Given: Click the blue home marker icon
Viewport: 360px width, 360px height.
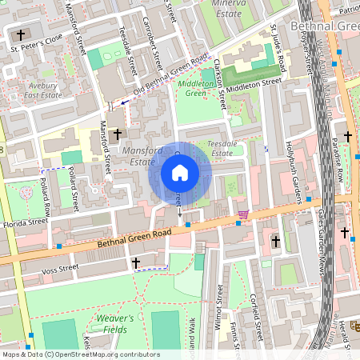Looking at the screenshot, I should [180, 173].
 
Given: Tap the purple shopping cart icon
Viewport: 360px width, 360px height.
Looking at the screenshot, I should [242, 214].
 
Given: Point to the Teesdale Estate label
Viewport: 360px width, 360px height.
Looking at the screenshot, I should [220, 147].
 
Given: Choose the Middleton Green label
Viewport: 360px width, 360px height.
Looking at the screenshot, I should [194, 88].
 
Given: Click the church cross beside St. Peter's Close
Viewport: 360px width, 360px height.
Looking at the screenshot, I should [20, 35].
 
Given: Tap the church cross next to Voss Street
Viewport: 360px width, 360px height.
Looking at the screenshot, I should [135, 262].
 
